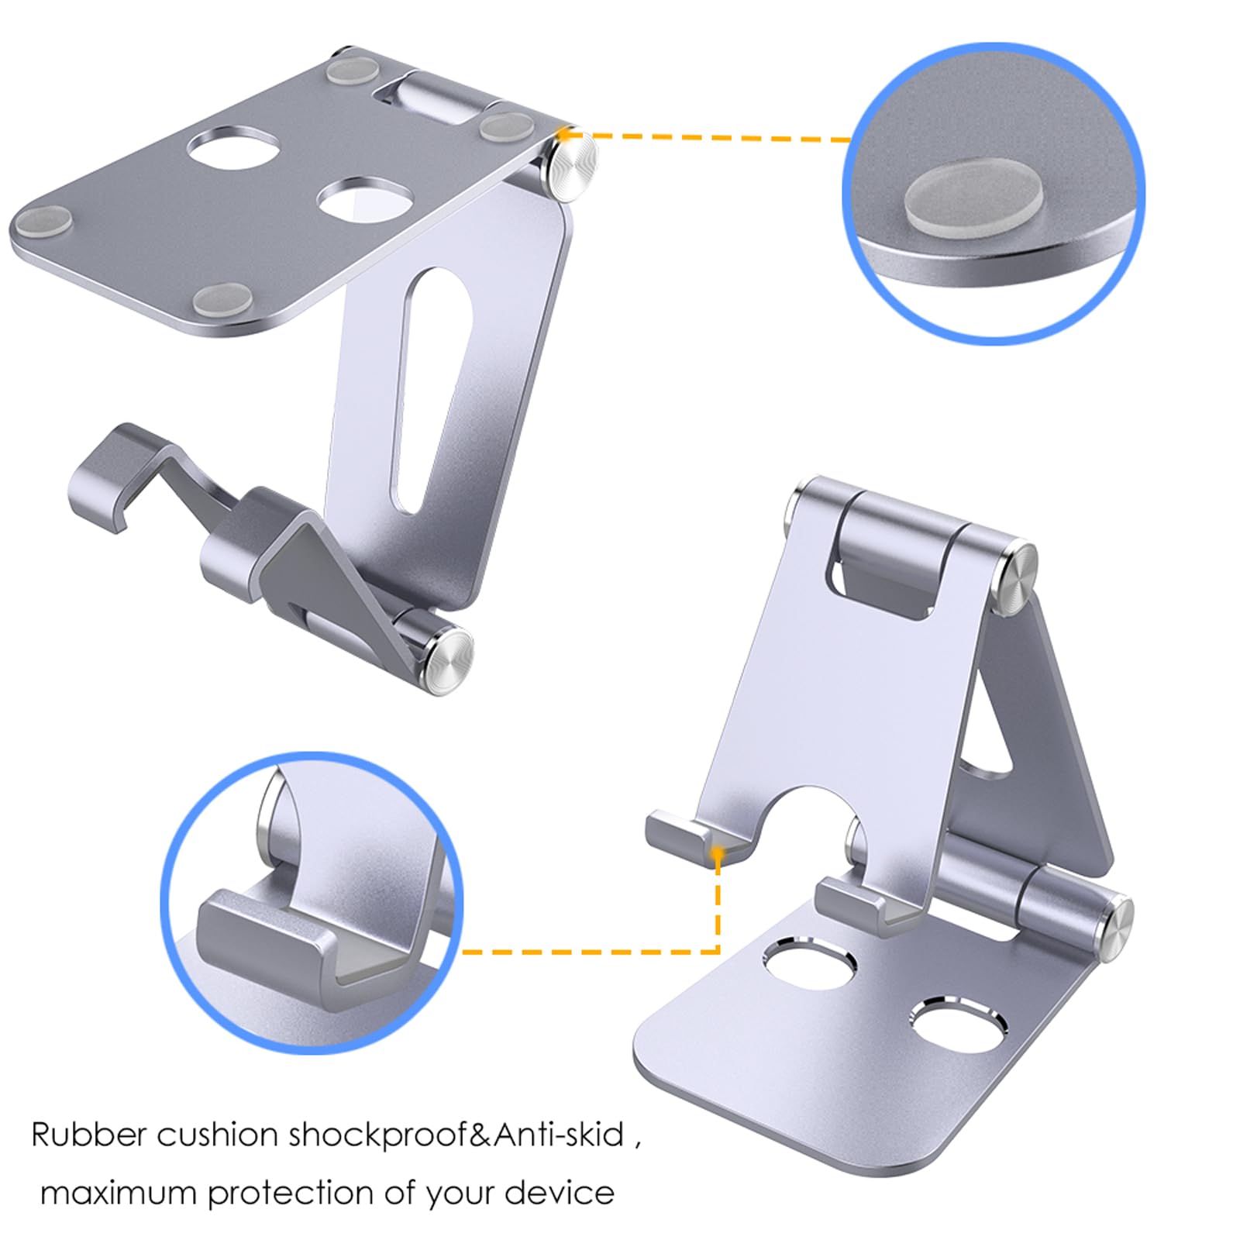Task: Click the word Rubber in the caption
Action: (x=89, y=1135)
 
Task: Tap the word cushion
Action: (x=218, y=1135)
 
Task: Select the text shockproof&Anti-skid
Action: (x=456, y=1136)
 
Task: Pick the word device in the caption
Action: (x=560, y=1193)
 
